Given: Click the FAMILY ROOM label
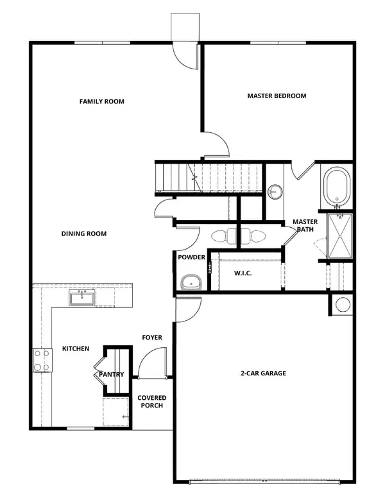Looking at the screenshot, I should coord(101,101).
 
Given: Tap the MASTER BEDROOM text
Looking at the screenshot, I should coord(277,96).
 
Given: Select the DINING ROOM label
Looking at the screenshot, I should coord(84,234).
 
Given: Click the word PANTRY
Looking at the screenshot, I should coord(111,375).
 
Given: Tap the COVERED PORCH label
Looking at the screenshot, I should coord(150,402).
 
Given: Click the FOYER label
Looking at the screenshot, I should coord(152,338).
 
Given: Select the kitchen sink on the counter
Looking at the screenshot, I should coord(82,298).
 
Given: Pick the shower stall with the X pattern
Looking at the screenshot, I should coord(339,236).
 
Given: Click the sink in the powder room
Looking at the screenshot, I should coord(190,281).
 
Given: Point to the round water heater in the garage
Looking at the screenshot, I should coord(341,305).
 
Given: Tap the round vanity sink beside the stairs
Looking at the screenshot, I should coord(275,191).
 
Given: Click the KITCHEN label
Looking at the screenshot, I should coord(75,348).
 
